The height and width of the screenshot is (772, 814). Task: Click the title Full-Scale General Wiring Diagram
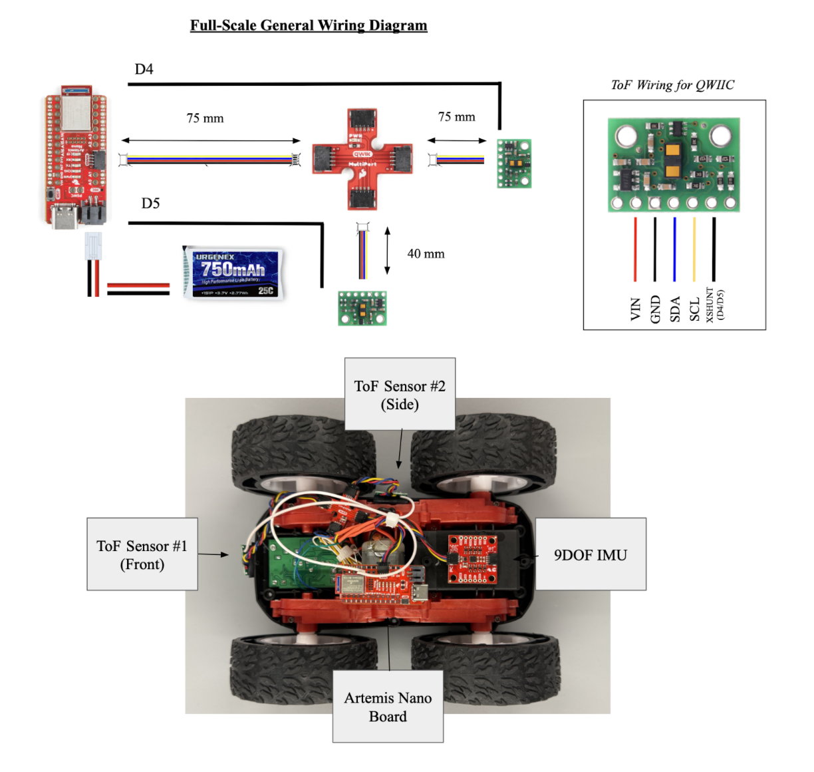309,25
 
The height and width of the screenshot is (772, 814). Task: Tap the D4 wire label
144,69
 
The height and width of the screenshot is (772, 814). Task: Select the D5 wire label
150,203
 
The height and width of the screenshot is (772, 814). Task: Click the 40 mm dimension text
426,254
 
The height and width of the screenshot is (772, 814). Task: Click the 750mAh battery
233,273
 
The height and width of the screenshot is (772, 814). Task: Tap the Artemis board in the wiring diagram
74,157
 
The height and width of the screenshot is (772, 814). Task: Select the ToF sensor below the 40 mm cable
362,308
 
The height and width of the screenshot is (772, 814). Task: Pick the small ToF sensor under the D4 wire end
514,163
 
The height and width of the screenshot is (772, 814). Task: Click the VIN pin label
635,309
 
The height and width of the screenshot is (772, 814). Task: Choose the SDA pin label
675,309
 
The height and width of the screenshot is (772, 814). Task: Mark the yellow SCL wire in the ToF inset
694,250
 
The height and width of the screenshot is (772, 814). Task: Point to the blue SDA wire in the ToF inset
674,250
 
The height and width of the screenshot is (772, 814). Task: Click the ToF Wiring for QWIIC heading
672,85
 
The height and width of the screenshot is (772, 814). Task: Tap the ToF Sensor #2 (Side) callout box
400,395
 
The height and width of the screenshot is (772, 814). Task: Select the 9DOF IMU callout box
591,554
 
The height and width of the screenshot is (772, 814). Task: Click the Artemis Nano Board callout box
388,707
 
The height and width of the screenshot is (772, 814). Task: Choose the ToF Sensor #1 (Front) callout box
142,554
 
